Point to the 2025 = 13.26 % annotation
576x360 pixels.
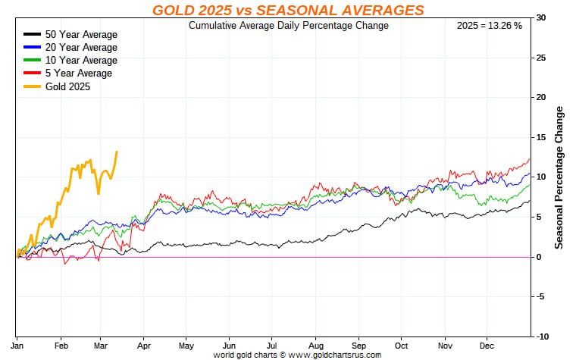pyautogui.click(x=489, y=26)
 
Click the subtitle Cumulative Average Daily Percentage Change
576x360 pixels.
pyautogui.click(x=288, y=26)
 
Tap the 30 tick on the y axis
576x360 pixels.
pyautogui.click(x=540, y=17)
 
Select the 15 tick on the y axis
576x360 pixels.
pyautogui.click(x=540, y=137)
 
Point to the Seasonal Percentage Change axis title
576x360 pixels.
pyautogui.click(x=560, y=177)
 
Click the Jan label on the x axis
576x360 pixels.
pyautogui.click(x=17, y=345)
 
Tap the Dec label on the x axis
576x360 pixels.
pyautogui.click(x=486, y=345)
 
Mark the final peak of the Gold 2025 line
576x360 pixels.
pyautogui.click(x=117, y=152)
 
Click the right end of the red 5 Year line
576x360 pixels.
pyautogui.click(x=529, y=159)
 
